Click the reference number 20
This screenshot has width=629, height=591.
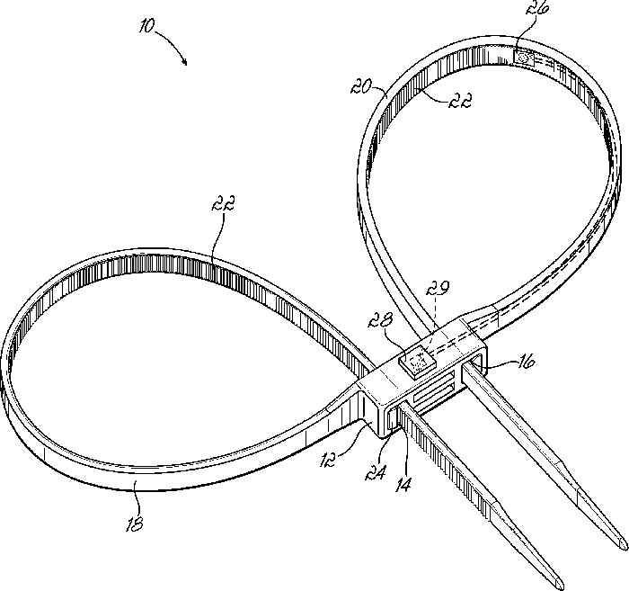click(x=363, y=87)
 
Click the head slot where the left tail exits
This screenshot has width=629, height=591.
click(x=395, y=416)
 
